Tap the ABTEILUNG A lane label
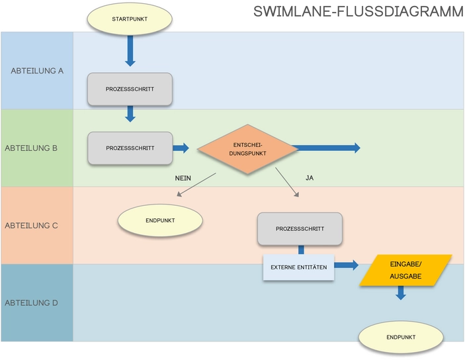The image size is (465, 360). [37, 70]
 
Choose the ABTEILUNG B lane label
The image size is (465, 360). [37, 148]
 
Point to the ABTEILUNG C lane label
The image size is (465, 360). [37, 225]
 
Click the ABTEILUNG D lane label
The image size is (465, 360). [37, 302]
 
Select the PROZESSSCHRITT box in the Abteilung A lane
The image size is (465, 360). [130, 89]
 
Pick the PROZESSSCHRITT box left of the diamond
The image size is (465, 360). [130, 148]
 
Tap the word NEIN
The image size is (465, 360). [183, 178]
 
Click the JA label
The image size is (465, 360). [310, 178]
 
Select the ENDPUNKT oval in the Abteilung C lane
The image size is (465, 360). [159, 220]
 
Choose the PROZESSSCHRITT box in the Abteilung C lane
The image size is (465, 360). [300, 229]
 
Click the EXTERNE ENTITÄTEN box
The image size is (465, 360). [298, 267]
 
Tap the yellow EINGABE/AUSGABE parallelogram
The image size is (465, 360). [405, 271]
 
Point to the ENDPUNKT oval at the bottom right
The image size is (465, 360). [401, 337]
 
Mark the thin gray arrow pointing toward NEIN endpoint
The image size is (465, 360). [196, 185]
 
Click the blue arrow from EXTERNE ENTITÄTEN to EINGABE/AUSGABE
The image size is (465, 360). [347, 265]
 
